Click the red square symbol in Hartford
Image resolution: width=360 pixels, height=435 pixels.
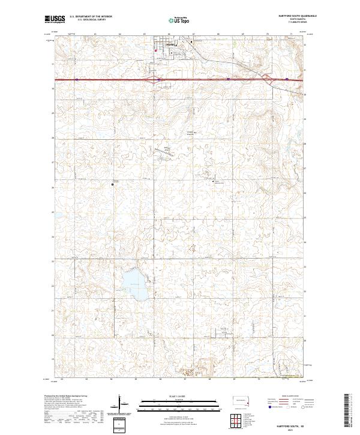click(156, 50)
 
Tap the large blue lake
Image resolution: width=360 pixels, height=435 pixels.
click(131, 281)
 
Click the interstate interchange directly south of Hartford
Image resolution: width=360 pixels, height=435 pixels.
click(158, 79)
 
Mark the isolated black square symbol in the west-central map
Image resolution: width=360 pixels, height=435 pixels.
click(112, 185)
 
